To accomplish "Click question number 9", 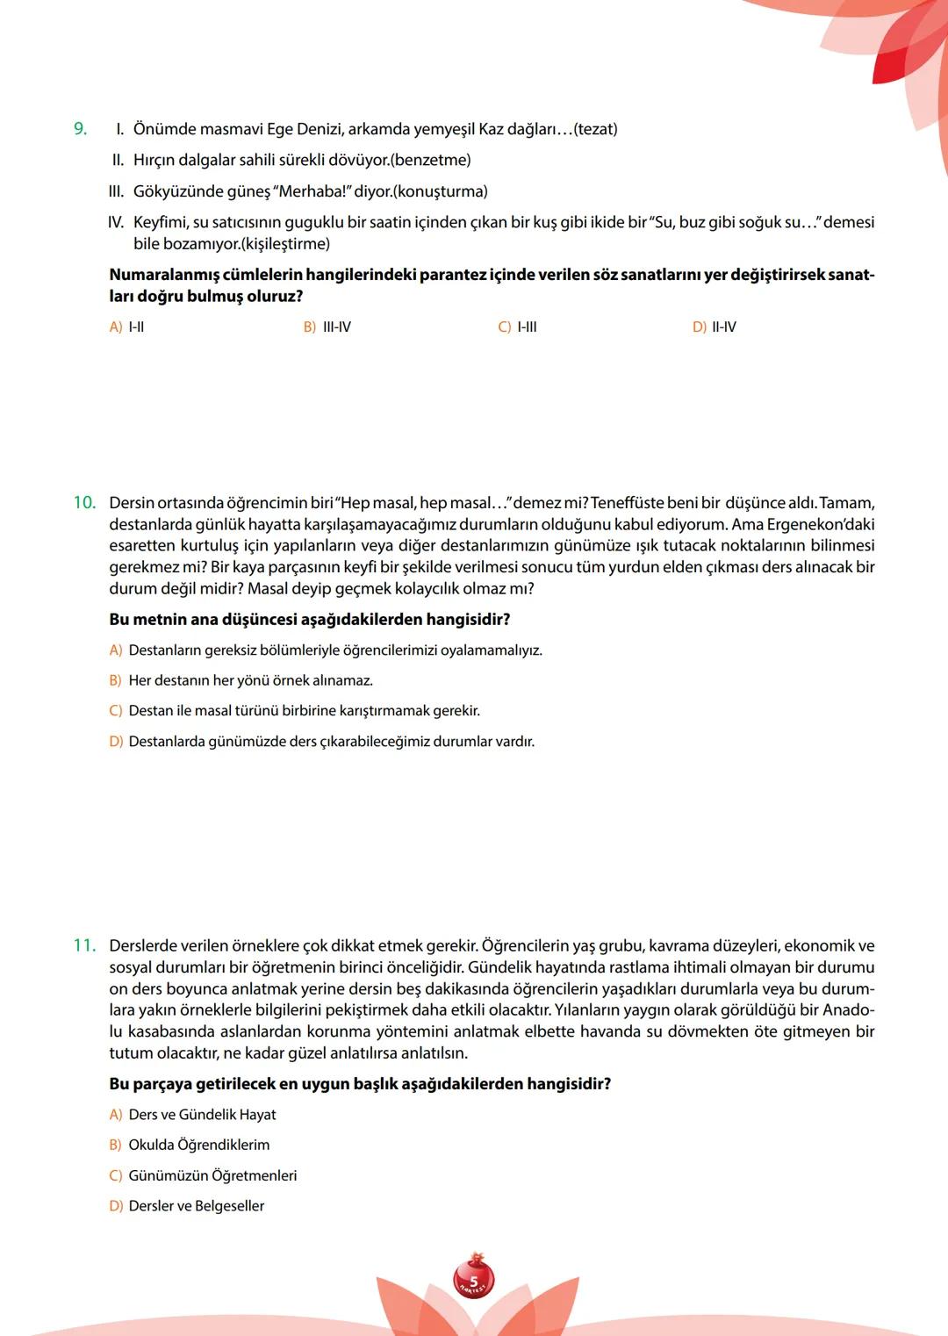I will pos(80,129).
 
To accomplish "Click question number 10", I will pos(84,503).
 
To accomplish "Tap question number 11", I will pos(84,945).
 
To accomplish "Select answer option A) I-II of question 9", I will pos(127,327).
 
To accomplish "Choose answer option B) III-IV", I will pos(327,327).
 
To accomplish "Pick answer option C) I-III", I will pos(518,327).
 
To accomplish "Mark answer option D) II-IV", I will pos(715,327).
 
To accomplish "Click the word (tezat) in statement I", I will pos(595,129).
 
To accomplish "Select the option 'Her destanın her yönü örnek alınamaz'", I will pos(250,680).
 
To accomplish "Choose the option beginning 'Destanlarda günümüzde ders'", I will pos(331,742).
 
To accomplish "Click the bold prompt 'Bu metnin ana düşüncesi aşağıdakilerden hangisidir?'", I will pos(309,619).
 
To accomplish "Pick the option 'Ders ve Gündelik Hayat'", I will pos(202,1114).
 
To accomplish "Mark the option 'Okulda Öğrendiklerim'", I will pos(199,1145).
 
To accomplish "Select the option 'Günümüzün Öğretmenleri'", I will pos(212,1175).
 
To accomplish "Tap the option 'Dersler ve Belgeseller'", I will pos(196,1206).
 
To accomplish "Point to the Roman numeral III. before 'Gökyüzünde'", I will pos(116,191).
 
